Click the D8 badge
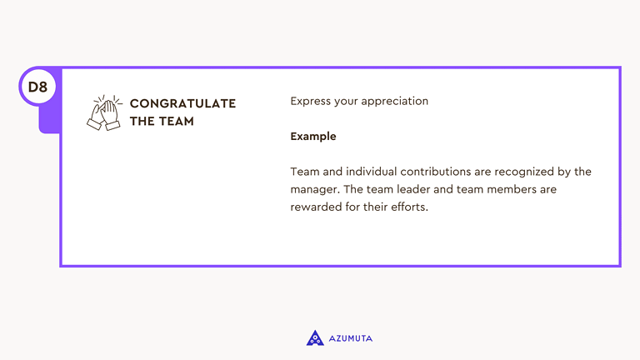tap(37, 87)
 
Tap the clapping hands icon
tap(105, 112)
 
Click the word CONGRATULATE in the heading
tap(182, 103)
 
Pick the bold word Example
tap(313, 136)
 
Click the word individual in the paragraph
tap(375, 172)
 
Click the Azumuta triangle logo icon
tap(315, 337)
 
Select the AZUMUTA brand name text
tap(351, 338)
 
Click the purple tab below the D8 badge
tap(49, 121)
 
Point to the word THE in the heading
tap(142, 121)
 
